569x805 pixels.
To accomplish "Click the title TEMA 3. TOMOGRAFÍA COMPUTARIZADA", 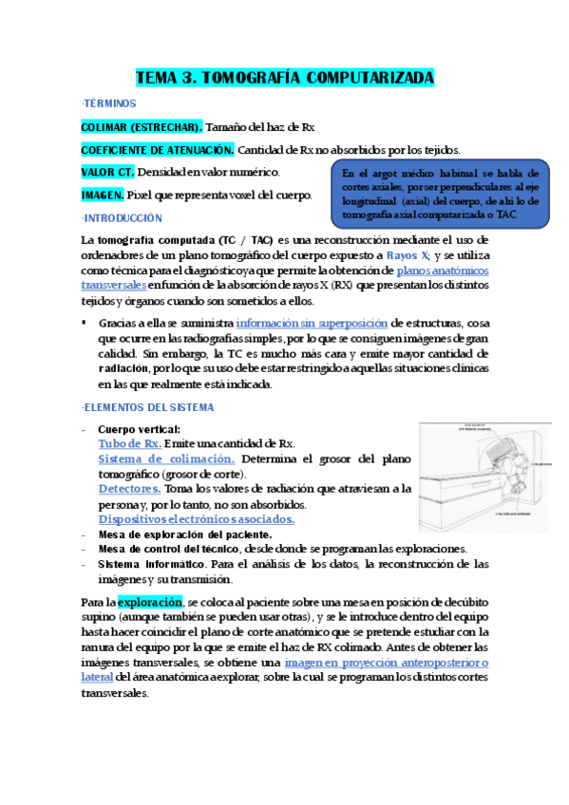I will click(284, 78).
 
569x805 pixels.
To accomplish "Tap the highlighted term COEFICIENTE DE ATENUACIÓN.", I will click(158, 149).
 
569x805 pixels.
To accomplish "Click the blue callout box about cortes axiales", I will click(441, 195).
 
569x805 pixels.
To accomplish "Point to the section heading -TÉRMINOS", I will click(109, 103).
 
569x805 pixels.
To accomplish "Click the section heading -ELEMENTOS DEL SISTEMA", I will click(147, 407).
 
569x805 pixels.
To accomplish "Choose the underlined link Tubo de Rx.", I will click(129, 443).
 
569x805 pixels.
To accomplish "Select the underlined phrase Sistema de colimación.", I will click(165, 459).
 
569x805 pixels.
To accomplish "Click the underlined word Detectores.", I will click(128, 489).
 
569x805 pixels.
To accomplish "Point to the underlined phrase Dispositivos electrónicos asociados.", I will click(196, 519).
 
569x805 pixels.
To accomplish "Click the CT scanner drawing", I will click(484, 477).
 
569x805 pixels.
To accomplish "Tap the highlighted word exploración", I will click(150, 602).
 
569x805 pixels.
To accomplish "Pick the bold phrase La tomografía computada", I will click(145, 241).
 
